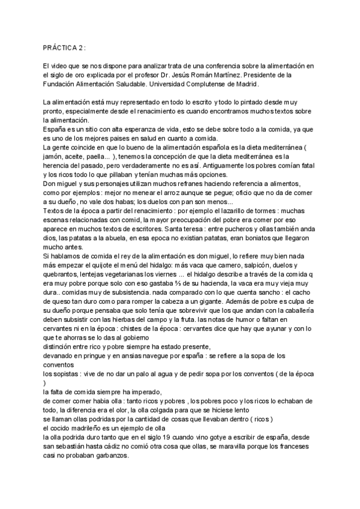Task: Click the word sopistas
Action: coord(62,372)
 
